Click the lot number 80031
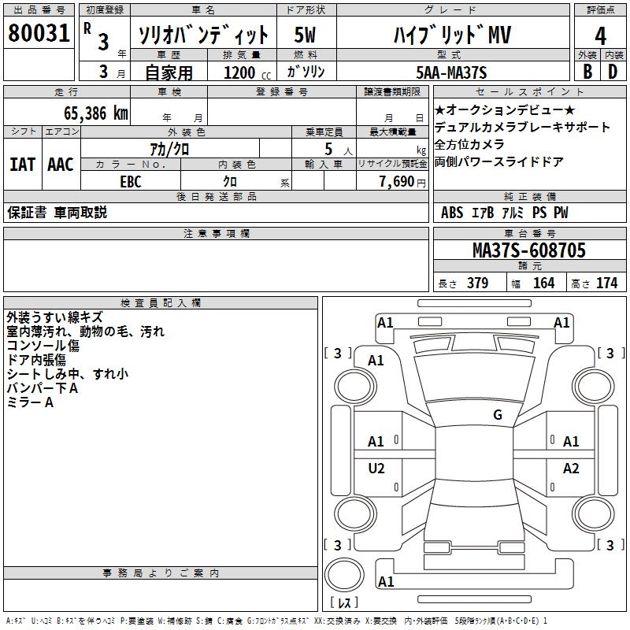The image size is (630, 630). (39, 33)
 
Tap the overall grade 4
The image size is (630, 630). (600, 36)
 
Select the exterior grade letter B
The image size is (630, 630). (587, 72)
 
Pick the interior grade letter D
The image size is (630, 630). (613, 72)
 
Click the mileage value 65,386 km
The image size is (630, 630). (96, 113)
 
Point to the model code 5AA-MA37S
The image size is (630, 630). (451, 72)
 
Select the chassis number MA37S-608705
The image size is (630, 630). (529, 250)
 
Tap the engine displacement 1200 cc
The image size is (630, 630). (247, 72)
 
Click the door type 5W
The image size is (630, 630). (305, 35)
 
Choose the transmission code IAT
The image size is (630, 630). (23, 165)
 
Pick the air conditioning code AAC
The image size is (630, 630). (61, 165)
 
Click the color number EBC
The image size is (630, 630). (131, 182)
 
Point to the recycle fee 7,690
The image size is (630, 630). (397, 181)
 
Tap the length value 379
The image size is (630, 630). (478, 283)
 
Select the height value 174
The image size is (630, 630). (606, 283)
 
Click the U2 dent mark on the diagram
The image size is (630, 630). (376, 468)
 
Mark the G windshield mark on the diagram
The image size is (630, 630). (498, 414)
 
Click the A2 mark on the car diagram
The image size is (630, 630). (571, 468)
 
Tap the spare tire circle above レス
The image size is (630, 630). (344, 575)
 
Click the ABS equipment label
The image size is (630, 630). (452, 213)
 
